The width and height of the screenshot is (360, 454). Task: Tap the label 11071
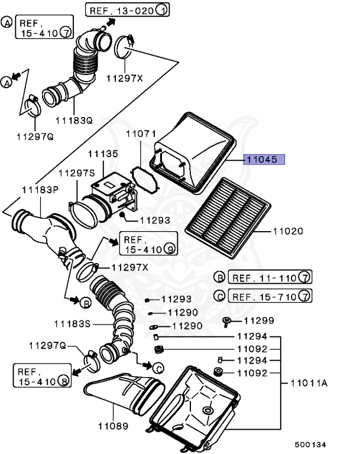click(x=140, y=135)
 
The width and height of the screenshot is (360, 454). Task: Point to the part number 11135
click(x=103, y=154)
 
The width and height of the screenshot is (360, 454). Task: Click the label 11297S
click(x=76, y=173)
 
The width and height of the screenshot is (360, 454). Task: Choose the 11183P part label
click(x=40, y=190)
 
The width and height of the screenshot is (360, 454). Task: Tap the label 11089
click(x=113, y=425)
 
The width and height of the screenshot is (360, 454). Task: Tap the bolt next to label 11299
click(x=227, y=321)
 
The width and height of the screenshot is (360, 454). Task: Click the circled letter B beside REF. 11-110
click(x=219, y=277)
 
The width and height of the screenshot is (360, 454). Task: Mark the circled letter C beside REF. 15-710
click(x=219, y=296)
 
